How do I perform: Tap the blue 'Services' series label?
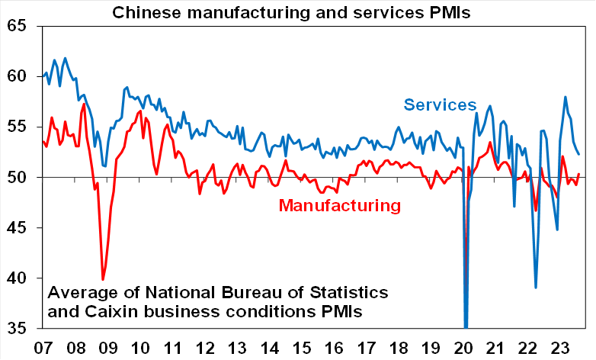click(440, 105)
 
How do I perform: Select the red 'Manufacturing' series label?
click(339, 205)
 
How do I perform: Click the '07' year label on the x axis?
click(43, 346)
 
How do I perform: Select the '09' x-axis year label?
click(108, 346)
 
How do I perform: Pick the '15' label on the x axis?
click(303, 346)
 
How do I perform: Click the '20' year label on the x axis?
click(465, 346)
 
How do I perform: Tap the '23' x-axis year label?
click(562, 346)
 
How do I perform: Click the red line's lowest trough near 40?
click(103, 279)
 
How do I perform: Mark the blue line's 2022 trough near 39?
click(536, 288)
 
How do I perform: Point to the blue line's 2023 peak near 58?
click(565, 97)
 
